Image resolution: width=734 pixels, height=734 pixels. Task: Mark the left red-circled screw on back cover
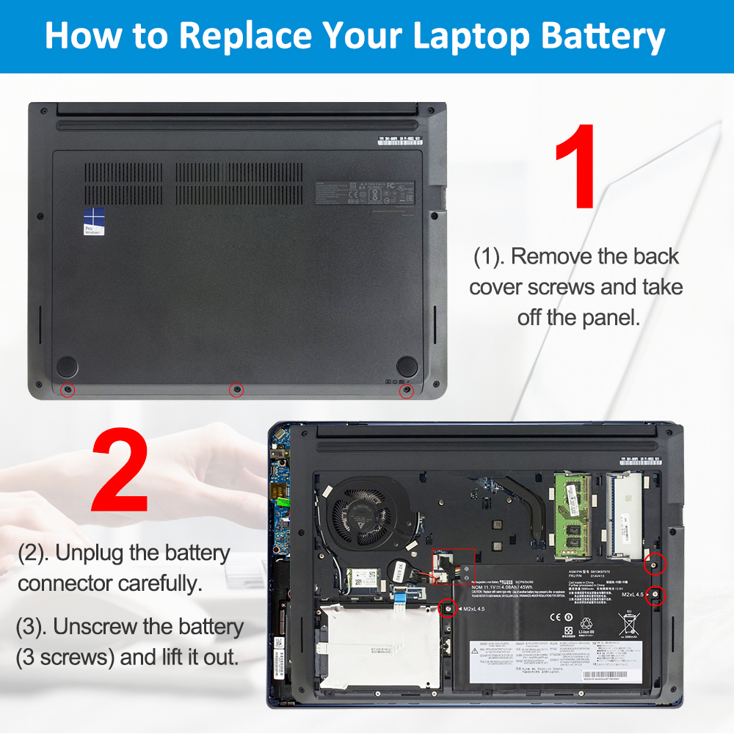(68, 390)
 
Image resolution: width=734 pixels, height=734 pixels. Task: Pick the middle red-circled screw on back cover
(236, 390)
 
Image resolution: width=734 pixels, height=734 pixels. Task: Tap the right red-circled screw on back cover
(406, 390)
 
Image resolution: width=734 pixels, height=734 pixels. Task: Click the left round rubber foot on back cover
(68, 365)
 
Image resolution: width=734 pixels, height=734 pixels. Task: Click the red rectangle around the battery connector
(453, 566)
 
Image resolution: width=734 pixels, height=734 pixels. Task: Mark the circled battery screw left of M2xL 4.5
(446, 608)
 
